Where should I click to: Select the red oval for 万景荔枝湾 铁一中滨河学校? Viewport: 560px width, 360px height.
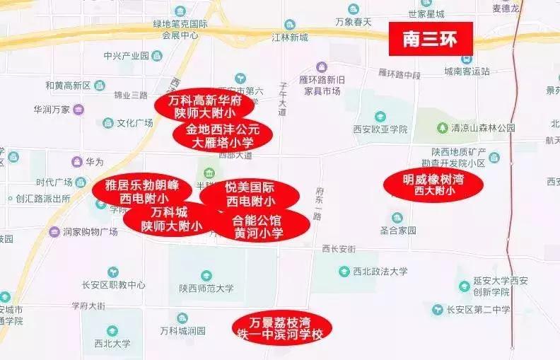coord(281,327)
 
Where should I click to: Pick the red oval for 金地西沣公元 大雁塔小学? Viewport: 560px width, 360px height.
coord(223,135)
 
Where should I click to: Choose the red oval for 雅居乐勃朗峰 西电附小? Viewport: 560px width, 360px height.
coord(142,191)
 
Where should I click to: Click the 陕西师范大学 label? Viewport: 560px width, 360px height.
coord(206,288)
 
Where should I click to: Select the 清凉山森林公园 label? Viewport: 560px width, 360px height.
coord(484,128)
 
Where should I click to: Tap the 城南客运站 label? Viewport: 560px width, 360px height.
coord(467,71)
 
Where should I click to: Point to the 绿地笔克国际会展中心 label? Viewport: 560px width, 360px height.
coord(180,28)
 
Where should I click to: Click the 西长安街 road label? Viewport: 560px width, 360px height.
coord(338,248)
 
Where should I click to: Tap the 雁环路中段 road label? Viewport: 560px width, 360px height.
coord(399,74)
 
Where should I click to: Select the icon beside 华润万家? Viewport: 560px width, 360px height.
coord(78,109)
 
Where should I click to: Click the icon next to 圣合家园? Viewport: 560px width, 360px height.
coord(397,218)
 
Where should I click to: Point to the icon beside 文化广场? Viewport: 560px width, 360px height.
coord(107,122)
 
